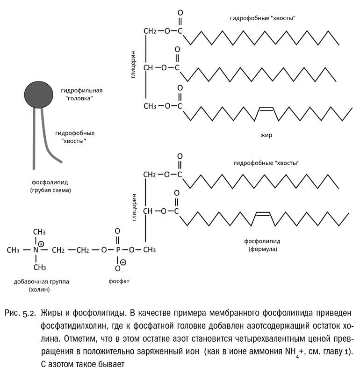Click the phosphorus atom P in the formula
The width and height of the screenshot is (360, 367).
(x=117, y=250)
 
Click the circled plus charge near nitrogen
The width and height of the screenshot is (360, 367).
(x=41, y=244)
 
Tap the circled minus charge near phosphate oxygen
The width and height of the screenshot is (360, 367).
(x=123, y=263)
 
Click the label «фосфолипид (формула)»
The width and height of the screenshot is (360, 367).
(x=262, y=246)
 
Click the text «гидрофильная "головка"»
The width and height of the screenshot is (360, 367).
(x=81, y=94)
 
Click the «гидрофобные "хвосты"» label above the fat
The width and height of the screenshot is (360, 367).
(x=263, y=18)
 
